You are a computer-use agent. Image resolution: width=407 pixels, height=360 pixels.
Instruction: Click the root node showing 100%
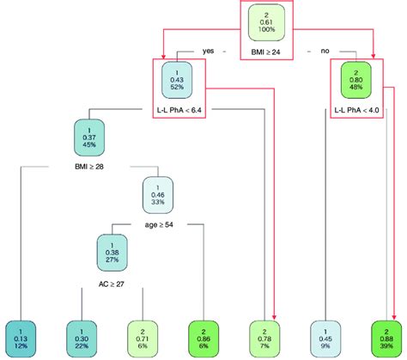pos(267,25)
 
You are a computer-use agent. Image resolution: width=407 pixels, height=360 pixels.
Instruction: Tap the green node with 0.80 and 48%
pos(355,82)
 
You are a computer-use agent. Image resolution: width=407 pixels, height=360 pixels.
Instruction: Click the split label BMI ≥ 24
pos(267,52)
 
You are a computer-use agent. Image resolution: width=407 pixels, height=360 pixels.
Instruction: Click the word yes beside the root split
pos(208,52)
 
